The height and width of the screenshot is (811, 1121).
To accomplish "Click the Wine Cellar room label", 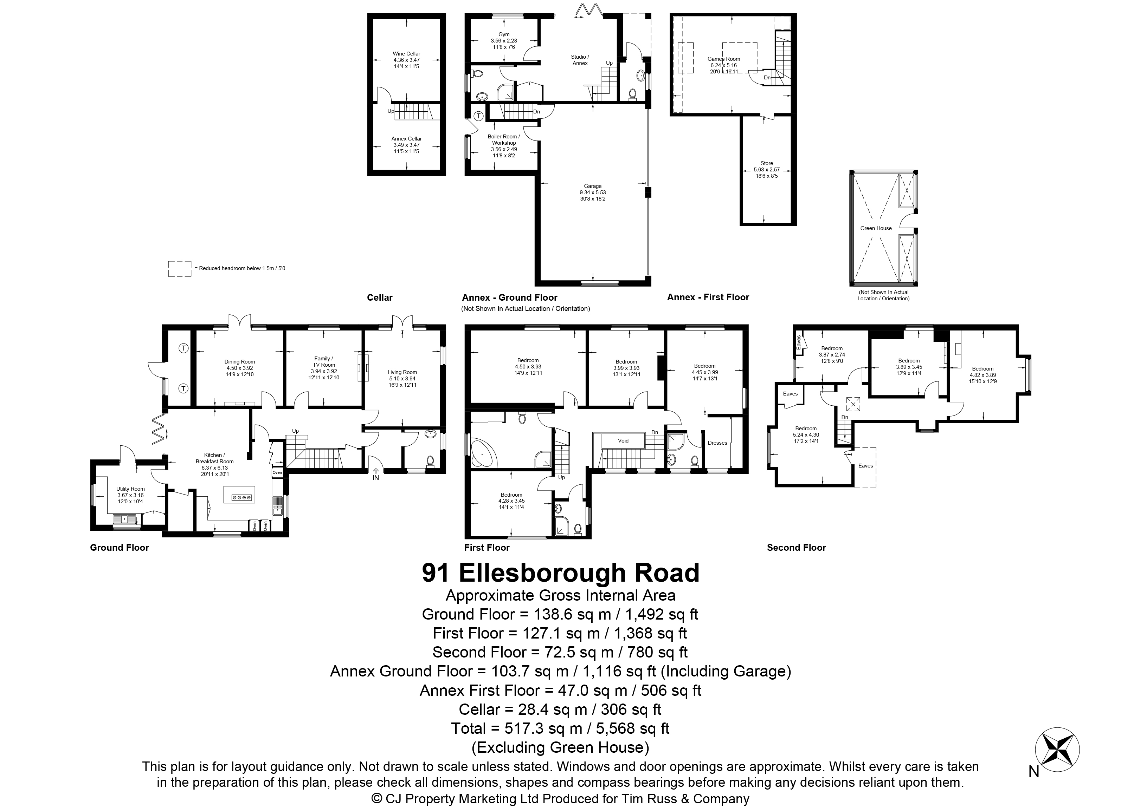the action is coord(406,54).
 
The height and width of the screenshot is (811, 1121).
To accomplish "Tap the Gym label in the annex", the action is coord(504,34).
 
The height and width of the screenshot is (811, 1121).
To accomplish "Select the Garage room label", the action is coord(593,186).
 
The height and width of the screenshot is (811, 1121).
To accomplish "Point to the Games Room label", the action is coord(724,59).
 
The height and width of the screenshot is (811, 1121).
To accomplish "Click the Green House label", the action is coord(876,228).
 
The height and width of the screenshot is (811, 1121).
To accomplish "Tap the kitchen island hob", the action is coord(240,497).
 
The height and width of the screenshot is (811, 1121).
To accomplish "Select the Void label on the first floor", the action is coord(623,440).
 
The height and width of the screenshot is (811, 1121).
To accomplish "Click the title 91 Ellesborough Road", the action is coord(560,573).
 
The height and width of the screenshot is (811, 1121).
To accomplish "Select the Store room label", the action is coord(767,163).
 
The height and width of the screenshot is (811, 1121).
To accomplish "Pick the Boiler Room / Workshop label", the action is coord(504,140).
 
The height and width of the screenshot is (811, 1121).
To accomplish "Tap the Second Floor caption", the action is coord(796,547).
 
